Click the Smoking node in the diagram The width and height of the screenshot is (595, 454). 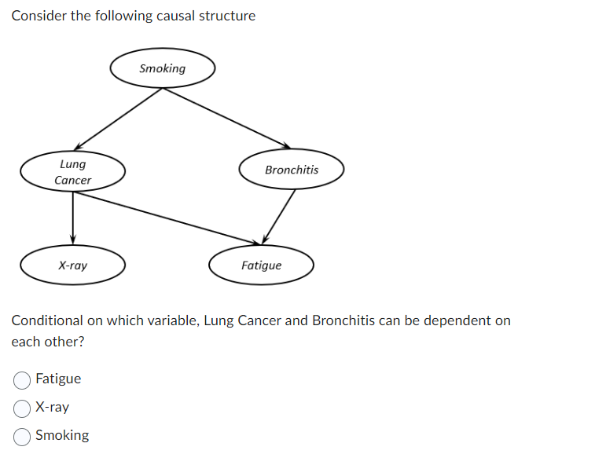pos(162,68)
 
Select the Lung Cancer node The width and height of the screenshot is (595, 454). pos(73,172)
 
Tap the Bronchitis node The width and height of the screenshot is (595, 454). pos(292,170)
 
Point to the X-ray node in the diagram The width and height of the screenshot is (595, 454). pos(73,265)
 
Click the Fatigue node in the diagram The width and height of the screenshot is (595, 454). pos(261,265)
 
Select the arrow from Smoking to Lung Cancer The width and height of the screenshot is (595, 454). pos(118,118)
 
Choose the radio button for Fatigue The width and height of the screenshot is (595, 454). pos(22,379)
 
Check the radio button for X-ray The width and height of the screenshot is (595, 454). pos(22,408)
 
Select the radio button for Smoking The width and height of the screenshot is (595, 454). pos(22,436)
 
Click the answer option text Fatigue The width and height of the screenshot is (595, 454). pos(58,379)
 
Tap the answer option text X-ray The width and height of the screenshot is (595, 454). pos(52,407)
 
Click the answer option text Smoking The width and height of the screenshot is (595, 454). pos(62,435)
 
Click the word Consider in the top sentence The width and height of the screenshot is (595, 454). pos(39,16)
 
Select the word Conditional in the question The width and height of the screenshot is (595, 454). pos(46,320)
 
